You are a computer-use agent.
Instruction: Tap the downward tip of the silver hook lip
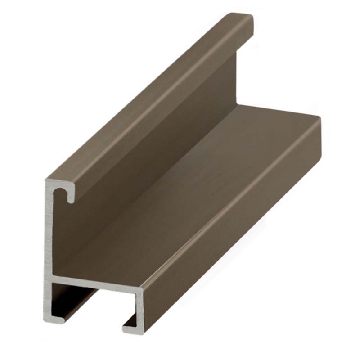(70, 200)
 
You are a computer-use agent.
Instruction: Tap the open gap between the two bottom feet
(94, 322)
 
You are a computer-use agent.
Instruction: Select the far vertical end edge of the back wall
(236, 76)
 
